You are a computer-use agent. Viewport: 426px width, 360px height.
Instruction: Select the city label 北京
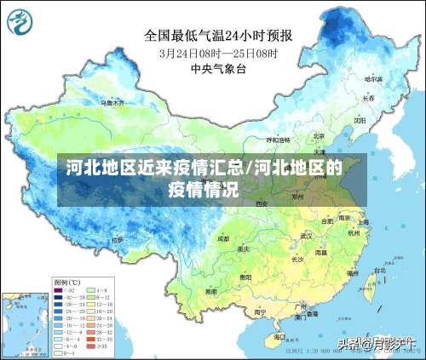pyautogui.click(x=318, y=135)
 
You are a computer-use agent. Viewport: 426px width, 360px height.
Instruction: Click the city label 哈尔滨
pyautogui.click(x=373, y=78)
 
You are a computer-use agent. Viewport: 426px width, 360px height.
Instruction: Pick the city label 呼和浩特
pyautogui.click(x=279, y=139)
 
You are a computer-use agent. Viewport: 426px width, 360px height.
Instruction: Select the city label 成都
pyautogui.click(x=223, y=239)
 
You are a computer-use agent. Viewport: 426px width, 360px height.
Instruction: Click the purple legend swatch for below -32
pyautogui.click(x=60, y=290)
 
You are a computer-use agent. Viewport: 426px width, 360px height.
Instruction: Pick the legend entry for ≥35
pyautogui.click(x=104, y=346)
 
